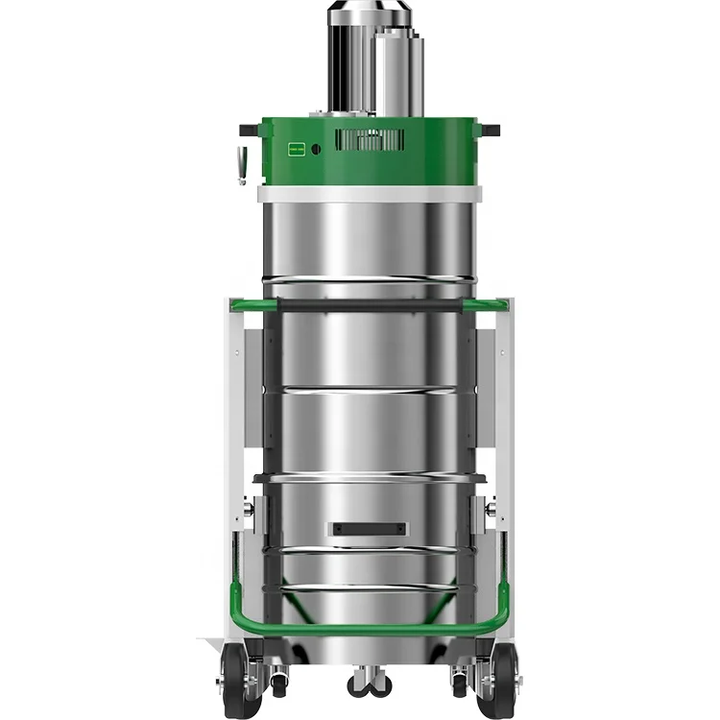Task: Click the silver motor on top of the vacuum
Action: (370, 62)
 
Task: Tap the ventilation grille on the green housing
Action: (370, 139)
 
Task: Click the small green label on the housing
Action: (298, 149)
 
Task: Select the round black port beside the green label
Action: (316, 149)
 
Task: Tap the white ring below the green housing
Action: (370, 194)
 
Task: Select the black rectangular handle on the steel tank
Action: (369, 529)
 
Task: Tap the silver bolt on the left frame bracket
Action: (249, 510)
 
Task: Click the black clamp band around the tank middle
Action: (370, 477)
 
